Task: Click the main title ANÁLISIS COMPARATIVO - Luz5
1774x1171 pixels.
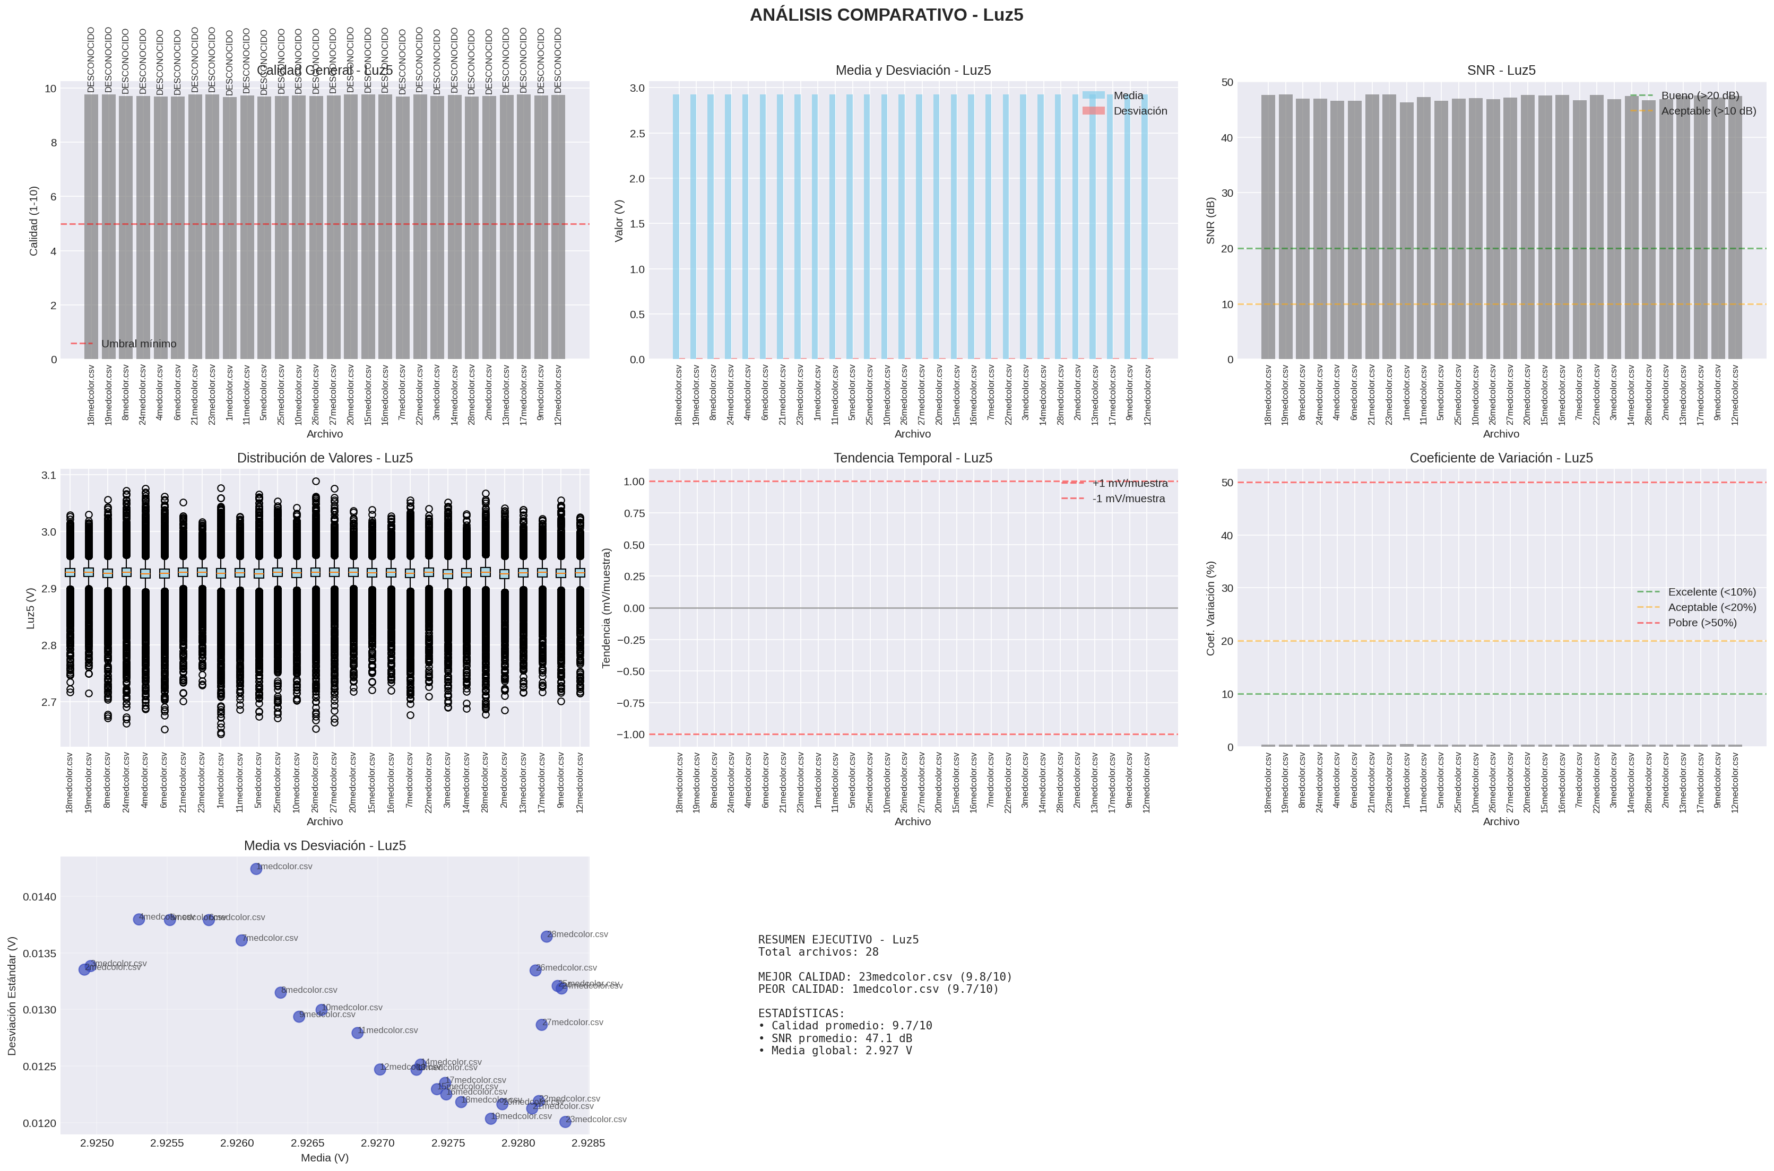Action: tap(886, 15)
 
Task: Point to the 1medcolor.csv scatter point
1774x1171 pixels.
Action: tap(256, 869)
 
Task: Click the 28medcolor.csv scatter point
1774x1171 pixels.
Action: tap(547, 937)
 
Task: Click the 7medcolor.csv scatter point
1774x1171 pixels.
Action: tap(241, 940)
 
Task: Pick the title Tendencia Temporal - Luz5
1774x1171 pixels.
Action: tap(912, 458)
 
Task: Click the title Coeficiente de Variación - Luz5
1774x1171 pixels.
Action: tap(1501, 458)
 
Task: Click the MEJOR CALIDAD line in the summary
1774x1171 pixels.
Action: tap(885, 977)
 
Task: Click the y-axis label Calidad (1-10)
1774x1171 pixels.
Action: tap(33, 221)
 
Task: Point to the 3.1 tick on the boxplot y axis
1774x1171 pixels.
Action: tap(49, 476)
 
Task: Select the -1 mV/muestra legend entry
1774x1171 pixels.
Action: tap(1128, 499)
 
